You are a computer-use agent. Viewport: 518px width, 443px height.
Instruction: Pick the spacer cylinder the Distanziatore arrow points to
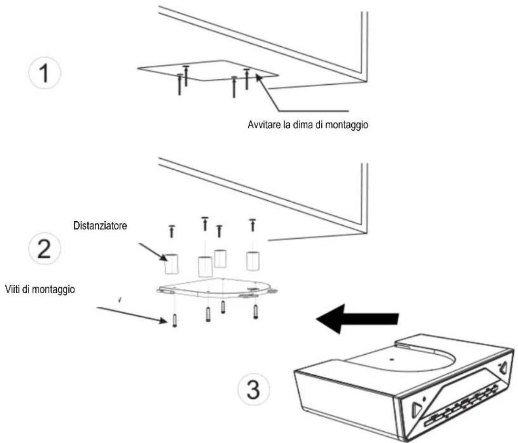click(172, 264)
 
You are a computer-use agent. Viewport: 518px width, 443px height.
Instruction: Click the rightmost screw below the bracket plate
click(256, 312)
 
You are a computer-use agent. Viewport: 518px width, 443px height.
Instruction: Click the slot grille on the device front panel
click(457, 406)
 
